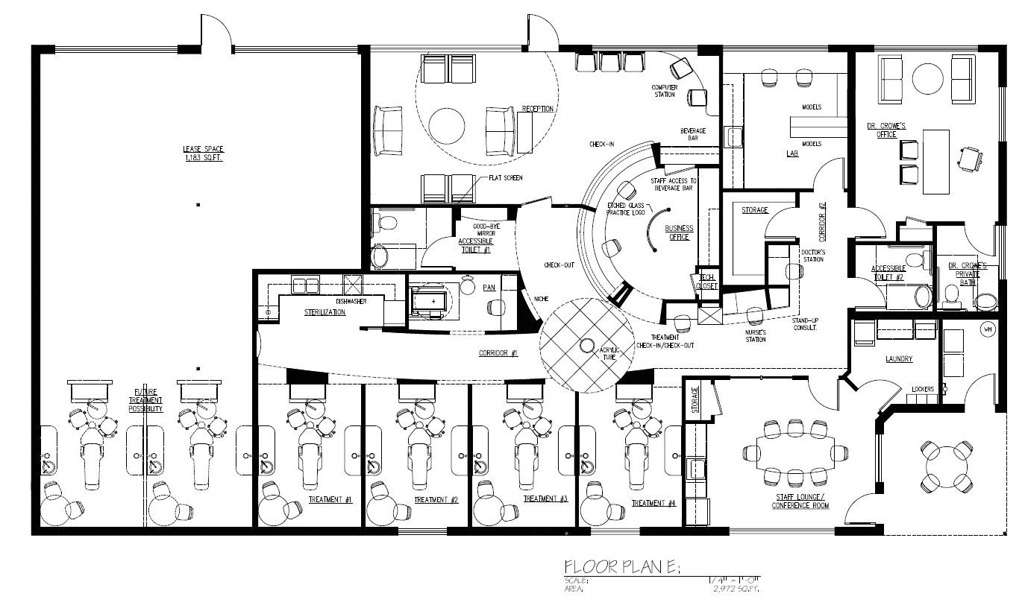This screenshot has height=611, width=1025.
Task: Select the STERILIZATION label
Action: click(x=325, y=312)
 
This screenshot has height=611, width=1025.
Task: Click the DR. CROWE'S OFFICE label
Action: click(x=885, y=130)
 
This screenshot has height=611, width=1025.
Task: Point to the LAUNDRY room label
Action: click(x=899, y=359)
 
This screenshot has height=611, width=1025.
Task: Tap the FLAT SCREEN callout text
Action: click(x=505, y=178)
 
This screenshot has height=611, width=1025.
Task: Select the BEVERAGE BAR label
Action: click(x=692, y=134)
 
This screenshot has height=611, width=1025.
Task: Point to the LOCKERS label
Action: click(x=923, y=389)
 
